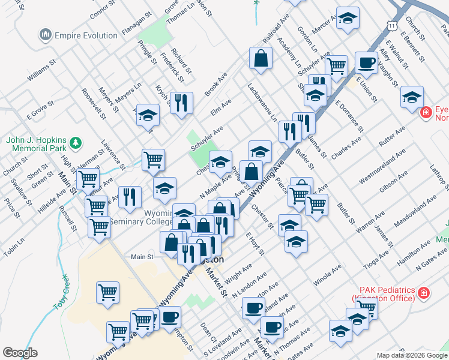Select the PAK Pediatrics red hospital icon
424,293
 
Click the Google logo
20,353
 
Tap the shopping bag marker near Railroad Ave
261,59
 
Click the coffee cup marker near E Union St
366,62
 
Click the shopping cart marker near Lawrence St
153,160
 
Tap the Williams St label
41,70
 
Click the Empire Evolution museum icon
46,35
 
